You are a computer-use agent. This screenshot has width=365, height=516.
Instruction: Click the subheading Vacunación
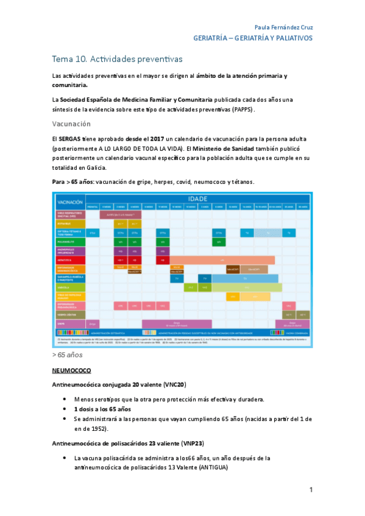click(71, 124)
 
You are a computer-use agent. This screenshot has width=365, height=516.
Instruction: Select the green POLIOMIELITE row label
click(69, 242)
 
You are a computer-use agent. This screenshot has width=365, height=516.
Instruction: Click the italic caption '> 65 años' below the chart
click(68, 354)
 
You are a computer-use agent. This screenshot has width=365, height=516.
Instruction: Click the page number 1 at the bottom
click(311, 490)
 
